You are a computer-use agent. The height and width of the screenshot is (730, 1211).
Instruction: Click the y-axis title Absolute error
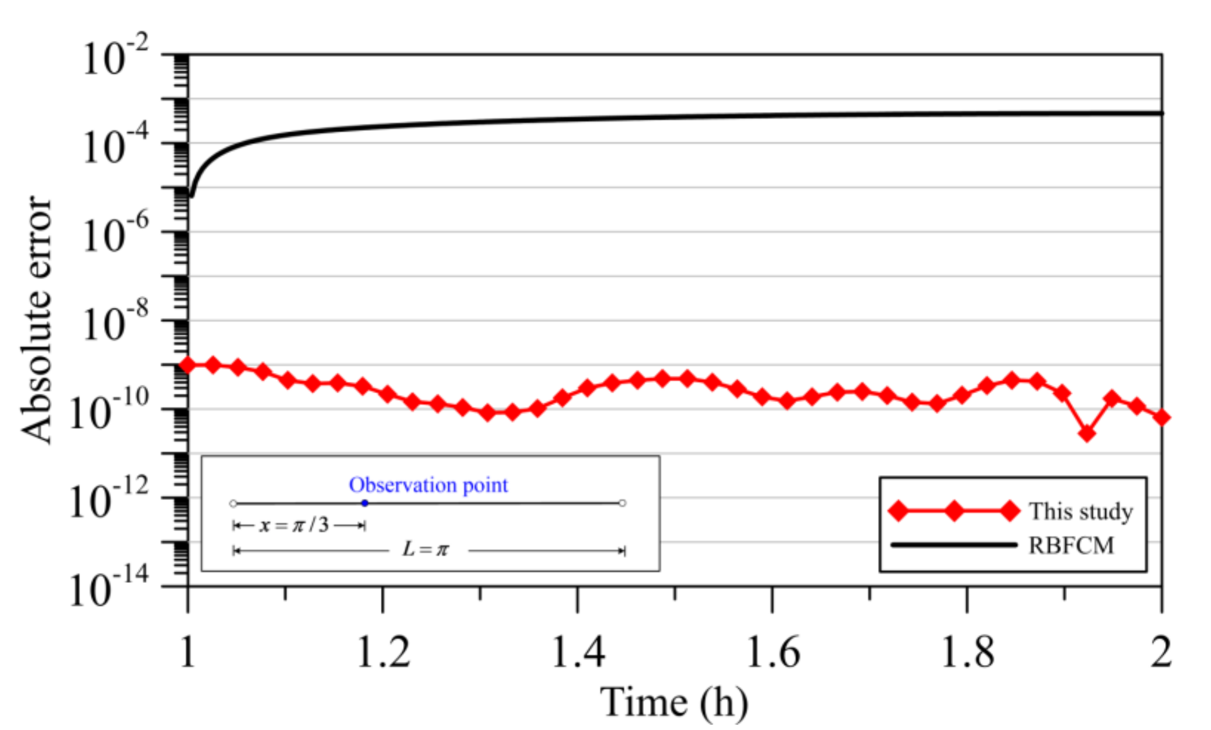[36, 320]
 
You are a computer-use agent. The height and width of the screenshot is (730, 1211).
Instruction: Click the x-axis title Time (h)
[674, 702]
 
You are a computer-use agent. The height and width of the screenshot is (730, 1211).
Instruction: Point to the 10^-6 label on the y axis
[115, 235]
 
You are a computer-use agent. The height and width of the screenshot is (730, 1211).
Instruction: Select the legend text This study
[1081, 511]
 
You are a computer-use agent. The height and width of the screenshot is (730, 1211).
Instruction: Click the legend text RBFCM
[1071, 546]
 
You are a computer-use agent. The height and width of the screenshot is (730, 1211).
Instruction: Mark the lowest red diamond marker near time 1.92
[1087, 434]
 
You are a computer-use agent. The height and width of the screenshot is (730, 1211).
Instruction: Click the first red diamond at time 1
[187, 365]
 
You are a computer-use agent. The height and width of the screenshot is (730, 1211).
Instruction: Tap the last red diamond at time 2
[1162, 417]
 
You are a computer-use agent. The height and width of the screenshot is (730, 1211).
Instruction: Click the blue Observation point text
[428, 485]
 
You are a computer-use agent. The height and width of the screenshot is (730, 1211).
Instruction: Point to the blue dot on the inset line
[364, 503]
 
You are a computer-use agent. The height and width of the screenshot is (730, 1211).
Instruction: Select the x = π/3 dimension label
[294, 526]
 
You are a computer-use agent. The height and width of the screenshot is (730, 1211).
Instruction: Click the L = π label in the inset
[425, 549]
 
